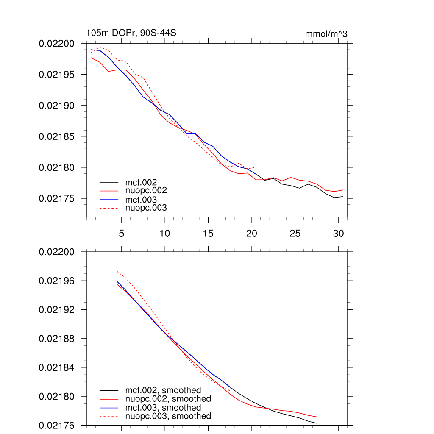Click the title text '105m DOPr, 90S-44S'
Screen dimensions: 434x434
click(x=128, y=33)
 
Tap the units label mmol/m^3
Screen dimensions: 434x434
click(x=326, y=34)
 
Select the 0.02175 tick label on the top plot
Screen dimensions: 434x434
click(x=56, y=198)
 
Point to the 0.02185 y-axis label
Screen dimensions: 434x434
click(x=56, y=136)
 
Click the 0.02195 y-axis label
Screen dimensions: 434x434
click(x=56, y=75)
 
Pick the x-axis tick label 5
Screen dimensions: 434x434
click(x=121, y=233)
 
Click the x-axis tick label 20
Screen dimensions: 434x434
click(x=252, y=233)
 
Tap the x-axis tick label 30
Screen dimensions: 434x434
click(x=338, y=233)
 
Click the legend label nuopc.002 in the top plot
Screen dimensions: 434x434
click(x=146, y=191)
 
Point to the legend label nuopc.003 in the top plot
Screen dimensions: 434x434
click(x=146, y=208)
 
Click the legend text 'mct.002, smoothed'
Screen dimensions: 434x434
click(x=163, y=390)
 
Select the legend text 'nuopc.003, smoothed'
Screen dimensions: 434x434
click(x=168, y=416)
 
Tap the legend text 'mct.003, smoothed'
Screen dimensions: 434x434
click(x=163, y=408)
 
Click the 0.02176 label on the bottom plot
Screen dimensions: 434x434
click(x=56, y=425)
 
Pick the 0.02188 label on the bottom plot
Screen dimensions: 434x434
click(x=56, y=339)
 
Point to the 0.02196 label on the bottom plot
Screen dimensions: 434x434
click(x=56, y=281)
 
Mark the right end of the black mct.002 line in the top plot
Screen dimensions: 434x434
click(x=342, y=197)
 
